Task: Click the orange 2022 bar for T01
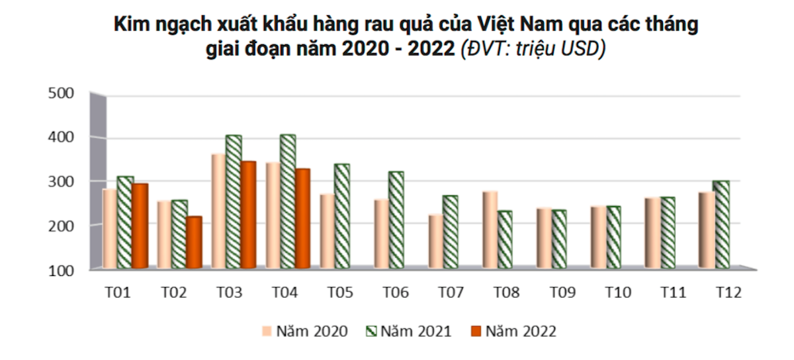pos(140,226)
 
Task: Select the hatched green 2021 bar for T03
pos(234,202)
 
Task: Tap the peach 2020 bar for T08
pos(490,230)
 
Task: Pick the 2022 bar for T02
pos(194,242)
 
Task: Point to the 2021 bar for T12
pos(721,224)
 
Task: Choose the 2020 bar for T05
pos(327,231)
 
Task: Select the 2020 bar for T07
pos(435,242)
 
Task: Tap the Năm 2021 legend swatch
pos(371,332)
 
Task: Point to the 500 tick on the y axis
pos(62,93)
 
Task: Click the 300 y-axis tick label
pos(62,181)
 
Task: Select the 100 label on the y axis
pos(62,269)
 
